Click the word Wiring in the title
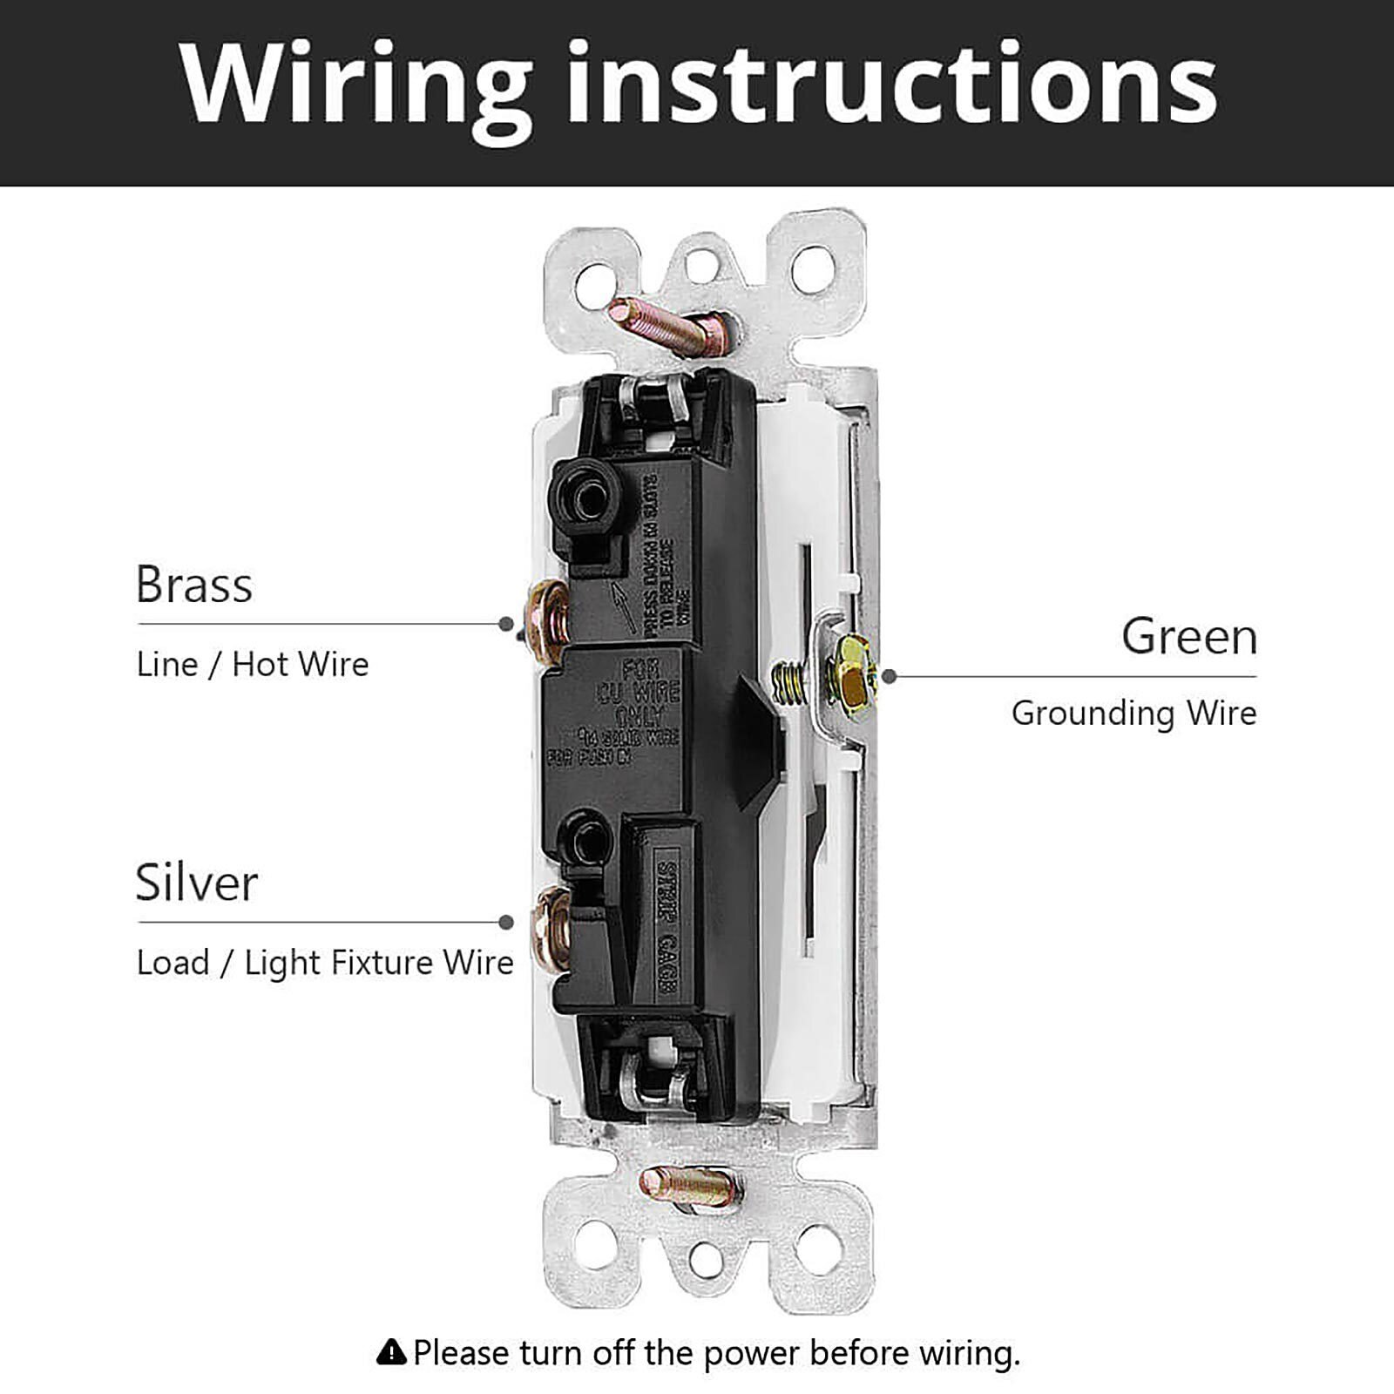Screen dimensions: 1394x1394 pyautogui.click(x=356, y=85)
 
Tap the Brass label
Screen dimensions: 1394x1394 pyautogui.click(x=193, y=585)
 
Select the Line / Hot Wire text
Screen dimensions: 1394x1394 pyautogui.click(x=253, y=665)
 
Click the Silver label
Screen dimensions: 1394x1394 pyautogui.click(x=196, y=883)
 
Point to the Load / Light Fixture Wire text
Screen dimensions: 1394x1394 pyautogui.click(x=325, y=963)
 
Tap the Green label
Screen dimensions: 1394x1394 pyautogui.click(x=1189, y=636)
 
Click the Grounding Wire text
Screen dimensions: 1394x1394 pyautogui.click(x=1133, y=714)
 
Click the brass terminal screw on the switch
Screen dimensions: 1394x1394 pyautogui.click(x=548, y=615)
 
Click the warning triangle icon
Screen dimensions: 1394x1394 pyautogui.click(x=392, y=1352)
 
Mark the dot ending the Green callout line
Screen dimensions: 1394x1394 pyautogui.click(x=890, y=676)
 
